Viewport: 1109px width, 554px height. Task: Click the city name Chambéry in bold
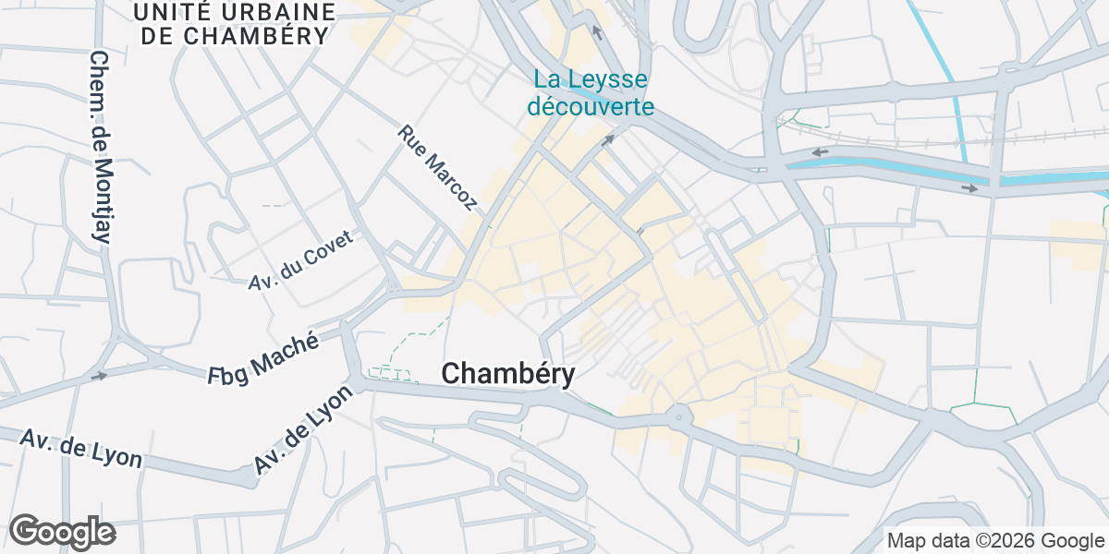[508, 374]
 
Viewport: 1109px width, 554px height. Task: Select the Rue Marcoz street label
[437, 167]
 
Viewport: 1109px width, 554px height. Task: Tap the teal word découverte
[591, 106]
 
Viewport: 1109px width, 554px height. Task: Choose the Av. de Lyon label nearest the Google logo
[81, 449]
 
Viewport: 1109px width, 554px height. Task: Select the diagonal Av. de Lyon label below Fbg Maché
[304, 429]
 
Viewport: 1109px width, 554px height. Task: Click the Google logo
[62, 532]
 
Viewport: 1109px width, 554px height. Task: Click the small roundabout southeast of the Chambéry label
[679, 417]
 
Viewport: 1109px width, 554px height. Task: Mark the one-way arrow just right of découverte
[608, 140]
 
